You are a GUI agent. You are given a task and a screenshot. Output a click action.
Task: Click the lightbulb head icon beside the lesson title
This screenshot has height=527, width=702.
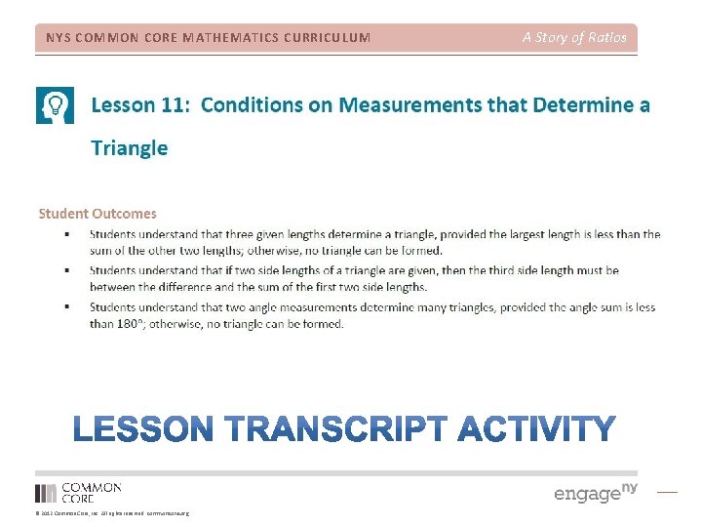coord(55,105)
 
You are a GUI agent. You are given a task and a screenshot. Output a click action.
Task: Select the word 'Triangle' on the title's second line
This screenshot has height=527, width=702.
coord(129,147)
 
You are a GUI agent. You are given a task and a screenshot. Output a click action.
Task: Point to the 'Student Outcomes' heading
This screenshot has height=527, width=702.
coord(97,213)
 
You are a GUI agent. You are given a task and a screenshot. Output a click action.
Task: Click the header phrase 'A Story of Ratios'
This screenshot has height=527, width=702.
coord(574,38)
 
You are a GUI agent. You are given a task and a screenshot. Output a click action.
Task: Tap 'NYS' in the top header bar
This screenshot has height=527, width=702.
coord(58,38)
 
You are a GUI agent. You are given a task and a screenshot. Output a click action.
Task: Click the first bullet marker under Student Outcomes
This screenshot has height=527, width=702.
coord(66,235)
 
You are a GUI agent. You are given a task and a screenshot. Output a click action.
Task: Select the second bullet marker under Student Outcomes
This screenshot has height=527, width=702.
coord(66,271)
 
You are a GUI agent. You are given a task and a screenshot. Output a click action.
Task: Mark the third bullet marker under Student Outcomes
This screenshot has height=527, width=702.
coord(66,307)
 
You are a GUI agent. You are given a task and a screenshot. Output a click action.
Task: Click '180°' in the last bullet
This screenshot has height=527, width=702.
coord(132,324)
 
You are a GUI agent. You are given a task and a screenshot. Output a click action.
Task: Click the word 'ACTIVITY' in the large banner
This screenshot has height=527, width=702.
coord(537,429)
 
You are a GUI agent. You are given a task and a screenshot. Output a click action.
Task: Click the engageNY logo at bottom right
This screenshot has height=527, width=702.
coord(595,493)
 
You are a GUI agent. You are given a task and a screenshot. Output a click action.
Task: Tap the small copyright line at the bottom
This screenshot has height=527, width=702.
coord(112,513)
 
